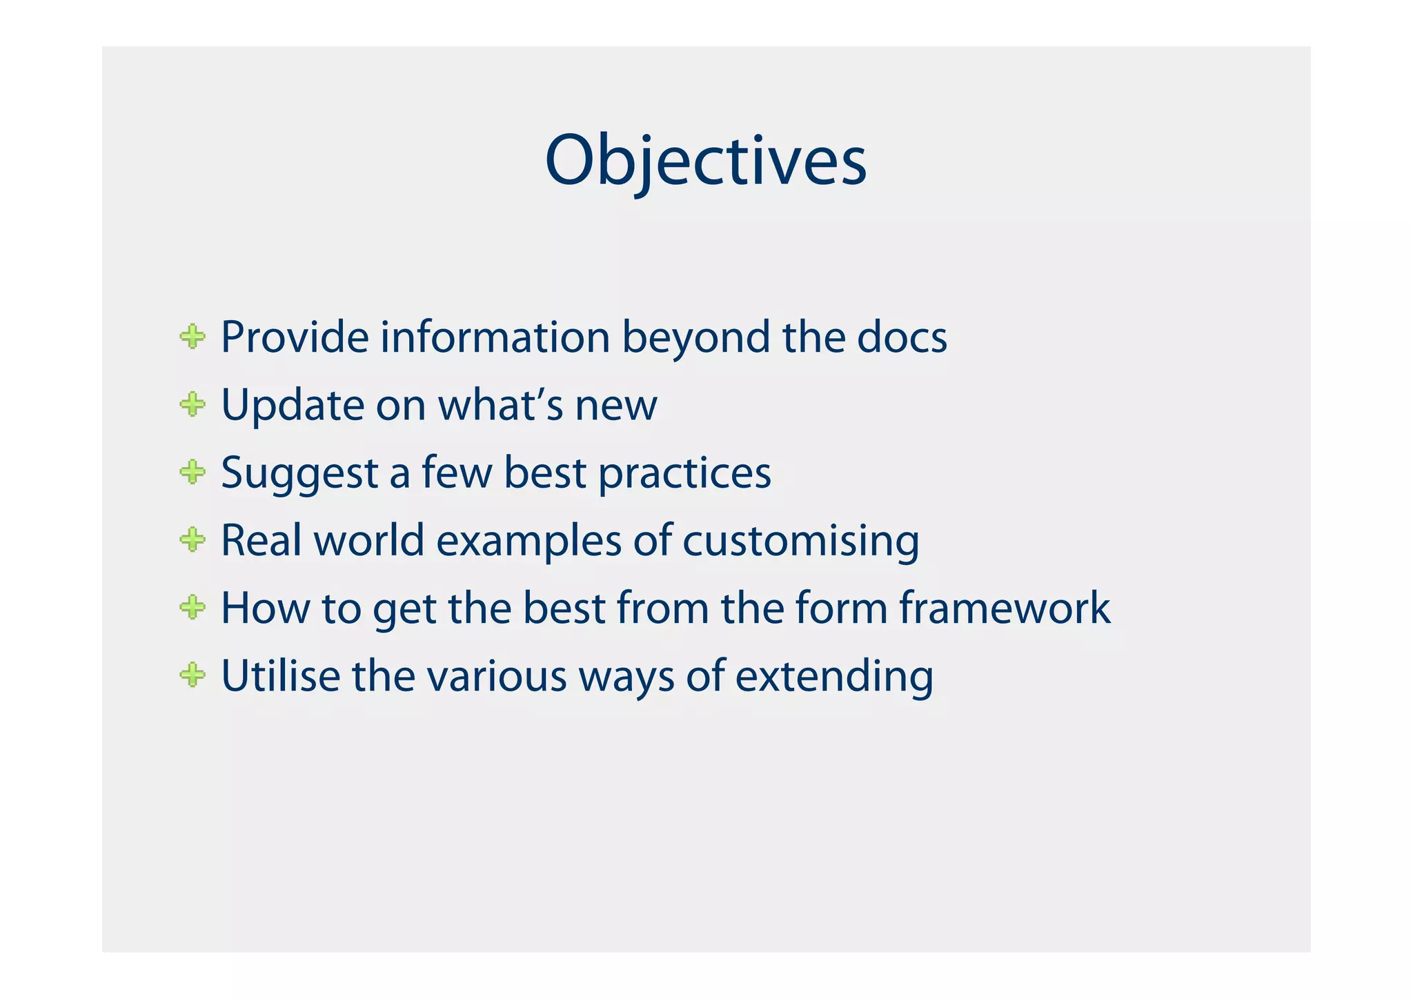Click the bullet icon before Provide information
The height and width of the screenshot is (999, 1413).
pos(192,337)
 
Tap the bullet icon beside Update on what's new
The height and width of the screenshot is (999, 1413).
pos(192,405)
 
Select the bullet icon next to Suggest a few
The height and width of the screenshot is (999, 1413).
pos(192,473)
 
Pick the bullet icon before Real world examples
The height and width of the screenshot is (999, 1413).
pos(192,540)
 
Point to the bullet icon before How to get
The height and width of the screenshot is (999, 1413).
pos(192,608)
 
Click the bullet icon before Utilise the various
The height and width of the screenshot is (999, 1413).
pos(192,675)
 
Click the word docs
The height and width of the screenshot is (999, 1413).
pos(902,337)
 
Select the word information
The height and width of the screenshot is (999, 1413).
pos(495,337)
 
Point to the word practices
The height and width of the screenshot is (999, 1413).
pos(684,474)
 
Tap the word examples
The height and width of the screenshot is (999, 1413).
pos(528,541)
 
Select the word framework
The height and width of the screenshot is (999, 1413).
pos(1005,608)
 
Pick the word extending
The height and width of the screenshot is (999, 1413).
pos(833,676)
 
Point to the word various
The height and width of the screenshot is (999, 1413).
pos(497,676)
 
